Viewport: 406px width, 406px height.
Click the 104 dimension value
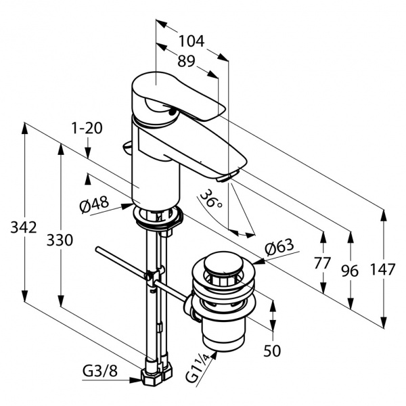click(x=191, y=41)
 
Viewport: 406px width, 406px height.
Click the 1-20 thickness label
click(x=87, y=128)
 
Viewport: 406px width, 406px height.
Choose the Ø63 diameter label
click(x=280, y=248)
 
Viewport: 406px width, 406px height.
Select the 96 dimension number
click(x=350, y=271)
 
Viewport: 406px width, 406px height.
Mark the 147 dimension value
click(x=382, y=269)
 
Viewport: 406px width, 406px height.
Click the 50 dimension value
click(x=272, y=351)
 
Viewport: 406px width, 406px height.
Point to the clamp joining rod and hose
click(x=154, y=276)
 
